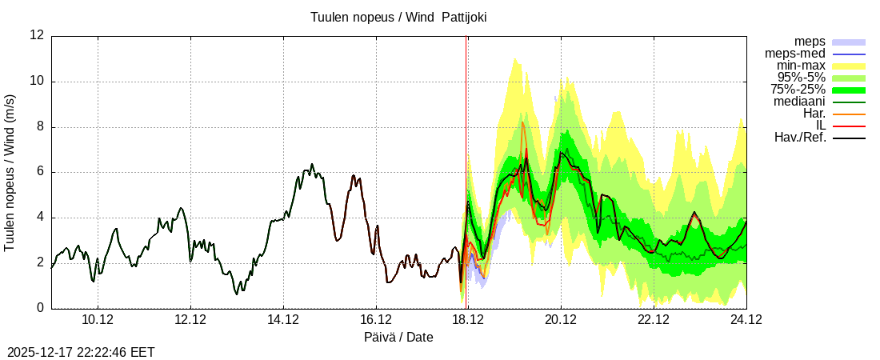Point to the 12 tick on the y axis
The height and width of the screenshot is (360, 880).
click(37, 35)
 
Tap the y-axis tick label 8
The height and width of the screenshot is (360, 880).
click(40, 126)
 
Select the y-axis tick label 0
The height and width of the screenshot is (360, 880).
click(40, 308)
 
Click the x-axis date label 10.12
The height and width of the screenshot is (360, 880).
click(98, 320)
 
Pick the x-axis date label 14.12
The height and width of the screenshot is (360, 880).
click(283, 320)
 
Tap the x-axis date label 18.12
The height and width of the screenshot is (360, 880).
click(469, 320)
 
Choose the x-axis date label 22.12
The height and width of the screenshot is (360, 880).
click(654, 320)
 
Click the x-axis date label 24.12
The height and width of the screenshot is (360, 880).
click(746, 320)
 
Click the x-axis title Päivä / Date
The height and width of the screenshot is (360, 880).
click(398, 338)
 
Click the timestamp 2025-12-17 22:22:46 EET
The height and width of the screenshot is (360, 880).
click(81, 352)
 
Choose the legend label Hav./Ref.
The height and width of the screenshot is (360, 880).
click(800, 138)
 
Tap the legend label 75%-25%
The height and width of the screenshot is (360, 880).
click(798, 90)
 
